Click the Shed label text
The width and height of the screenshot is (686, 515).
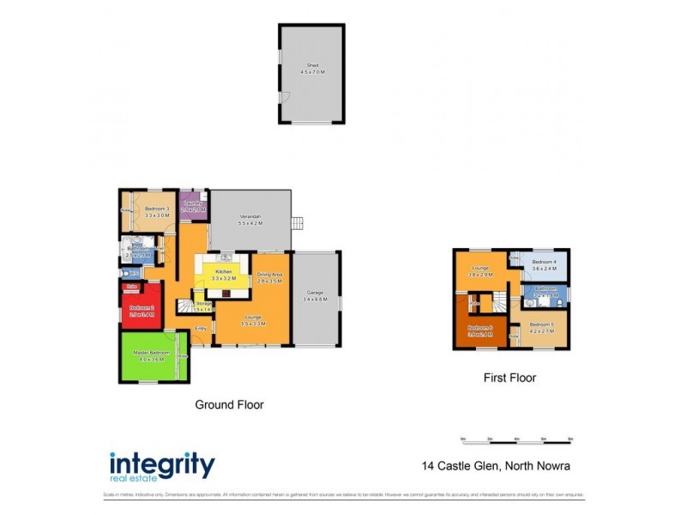pos(312,69)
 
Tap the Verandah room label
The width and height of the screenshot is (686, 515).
pos(250,219)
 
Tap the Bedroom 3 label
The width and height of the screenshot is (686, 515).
pos(156,213)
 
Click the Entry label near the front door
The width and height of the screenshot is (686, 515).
pos(200,329)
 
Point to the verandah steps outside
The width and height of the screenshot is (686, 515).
pos(298,224)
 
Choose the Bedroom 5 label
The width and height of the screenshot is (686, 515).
pos(541,327)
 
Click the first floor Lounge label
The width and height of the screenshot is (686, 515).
pos(481,271)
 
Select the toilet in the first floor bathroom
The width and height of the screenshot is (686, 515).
pos(557,300)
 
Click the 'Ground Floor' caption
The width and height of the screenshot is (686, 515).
pos(229,404)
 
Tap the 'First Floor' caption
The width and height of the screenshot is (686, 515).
pos(509,377)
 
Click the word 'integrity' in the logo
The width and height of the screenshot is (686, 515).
pos(162,463)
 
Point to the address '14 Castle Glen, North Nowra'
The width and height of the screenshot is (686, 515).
pos(496,467)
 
